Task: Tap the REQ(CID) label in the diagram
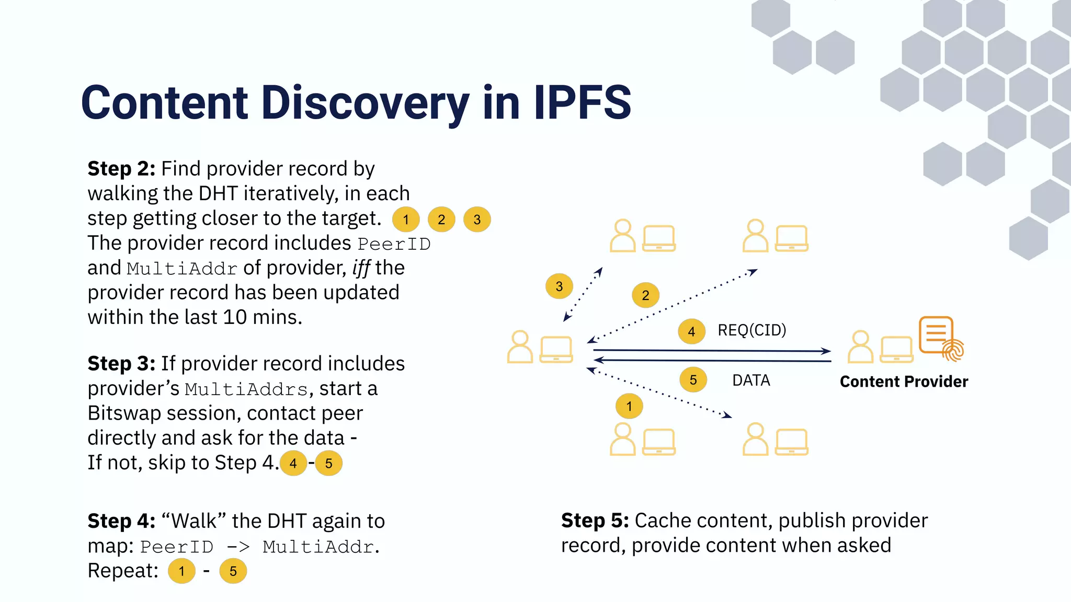(751, 330)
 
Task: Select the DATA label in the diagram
(751, 380)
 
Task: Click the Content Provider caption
(904, 381)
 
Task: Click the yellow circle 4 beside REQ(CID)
(691, 331)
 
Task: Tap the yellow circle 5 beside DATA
(693, 380)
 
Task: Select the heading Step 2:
(121, 169)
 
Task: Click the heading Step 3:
(121, 364)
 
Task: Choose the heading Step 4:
(121, 521)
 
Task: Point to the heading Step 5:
(595, 520)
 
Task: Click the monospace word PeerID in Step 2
(394, 244)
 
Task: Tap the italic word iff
(361, 268)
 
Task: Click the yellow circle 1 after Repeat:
(181, 571)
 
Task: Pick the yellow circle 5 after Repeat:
(233, 571)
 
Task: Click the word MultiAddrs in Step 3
(246, 390)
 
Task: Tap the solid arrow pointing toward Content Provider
(711, 351)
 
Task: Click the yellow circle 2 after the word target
(441, 219)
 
